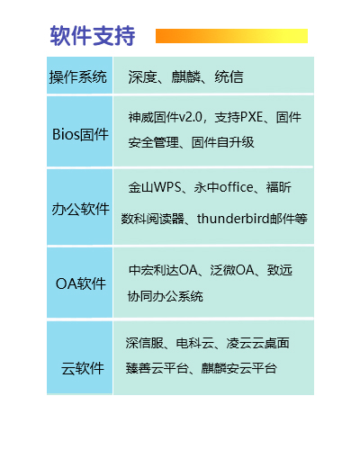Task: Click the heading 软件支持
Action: [93, 36]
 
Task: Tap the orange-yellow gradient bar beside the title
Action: [231, 36]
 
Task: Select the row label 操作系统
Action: [78, 77]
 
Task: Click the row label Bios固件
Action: [80, 134]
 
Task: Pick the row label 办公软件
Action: [80, 209]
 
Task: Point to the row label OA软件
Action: [81, 283]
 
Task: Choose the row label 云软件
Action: [83, 368]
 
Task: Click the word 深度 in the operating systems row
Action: [143, 77]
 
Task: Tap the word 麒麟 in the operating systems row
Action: [186, 77]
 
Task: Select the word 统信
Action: [229, 77]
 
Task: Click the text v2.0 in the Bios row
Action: [191, 117]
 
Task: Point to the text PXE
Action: [252, 117]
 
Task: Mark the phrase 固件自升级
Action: [222, 142]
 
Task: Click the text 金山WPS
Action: [155, 187]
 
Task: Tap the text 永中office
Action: [224, 187]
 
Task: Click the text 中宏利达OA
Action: [163, 270]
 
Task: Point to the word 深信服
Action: [145, 343]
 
